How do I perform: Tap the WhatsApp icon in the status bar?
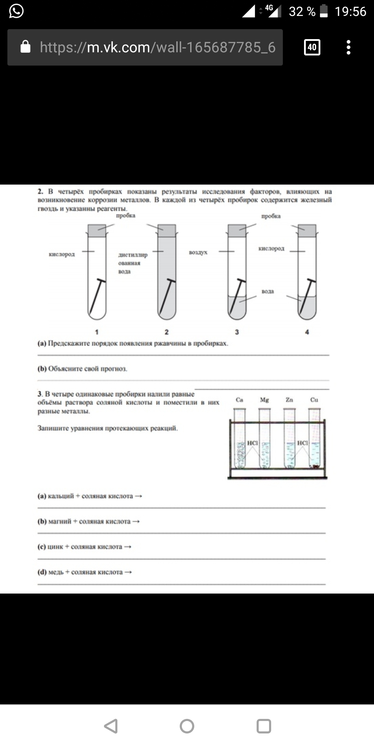click(16, 11)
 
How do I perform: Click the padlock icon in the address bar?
click(26, 47)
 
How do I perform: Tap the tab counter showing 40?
click(312, 47)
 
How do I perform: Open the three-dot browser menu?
click(348, 47)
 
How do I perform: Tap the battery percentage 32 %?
click(302, 12)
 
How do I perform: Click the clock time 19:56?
click(350, 12)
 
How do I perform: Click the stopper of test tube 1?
click(97, 231)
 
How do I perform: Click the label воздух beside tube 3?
click(198, 252)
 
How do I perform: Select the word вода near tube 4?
click(268, 292)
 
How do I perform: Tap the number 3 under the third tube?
click(237, 332)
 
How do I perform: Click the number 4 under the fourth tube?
click(307, 332)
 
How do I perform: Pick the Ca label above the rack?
click(240, 400)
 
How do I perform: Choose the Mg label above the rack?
click(264, 400)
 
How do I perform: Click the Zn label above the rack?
click(290, 400)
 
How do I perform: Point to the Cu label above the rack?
click(314, 400)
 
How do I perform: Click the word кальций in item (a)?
click(61, 496)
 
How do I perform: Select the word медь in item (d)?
click(56, 572)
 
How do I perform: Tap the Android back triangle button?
click(111, 726)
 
